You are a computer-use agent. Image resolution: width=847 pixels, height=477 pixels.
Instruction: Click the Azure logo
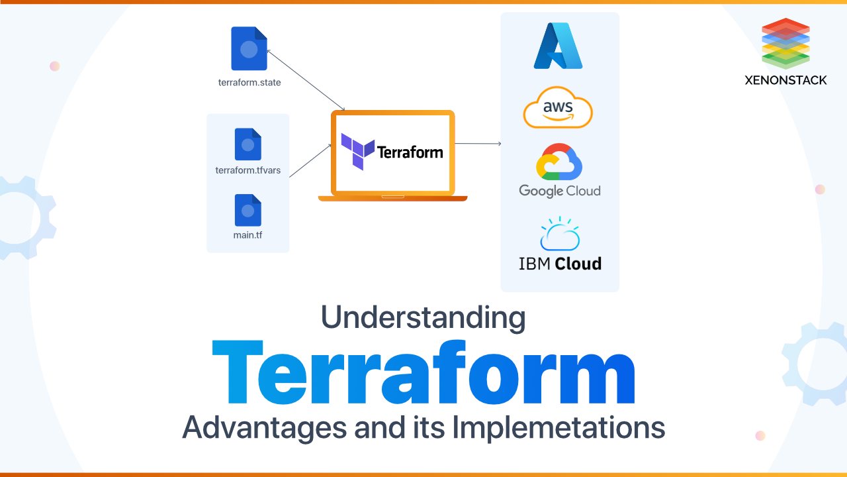558,46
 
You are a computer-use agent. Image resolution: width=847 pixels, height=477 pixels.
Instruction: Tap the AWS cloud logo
558,107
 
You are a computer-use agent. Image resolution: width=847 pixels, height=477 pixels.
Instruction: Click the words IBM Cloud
560,264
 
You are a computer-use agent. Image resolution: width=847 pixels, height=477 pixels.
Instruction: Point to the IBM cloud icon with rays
560,234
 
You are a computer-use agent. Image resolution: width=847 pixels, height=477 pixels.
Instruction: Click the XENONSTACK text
785,80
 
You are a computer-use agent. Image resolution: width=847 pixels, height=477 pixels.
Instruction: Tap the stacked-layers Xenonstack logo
785,44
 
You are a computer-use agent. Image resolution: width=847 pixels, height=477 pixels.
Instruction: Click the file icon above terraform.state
249,48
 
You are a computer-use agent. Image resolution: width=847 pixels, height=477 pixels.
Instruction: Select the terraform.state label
249,83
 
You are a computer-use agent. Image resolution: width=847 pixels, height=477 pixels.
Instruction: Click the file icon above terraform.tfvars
248,144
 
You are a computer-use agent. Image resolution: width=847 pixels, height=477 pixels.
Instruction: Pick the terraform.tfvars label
248,170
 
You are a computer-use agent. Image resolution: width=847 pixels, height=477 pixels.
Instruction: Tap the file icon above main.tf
248,210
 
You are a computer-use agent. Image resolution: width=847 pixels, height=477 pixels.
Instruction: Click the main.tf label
248,235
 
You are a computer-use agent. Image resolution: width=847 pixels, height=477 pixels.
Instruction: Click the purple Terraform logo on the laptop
357,151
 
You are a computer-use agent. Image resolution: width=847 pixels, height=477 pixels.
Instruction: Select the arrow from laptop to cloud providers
478,143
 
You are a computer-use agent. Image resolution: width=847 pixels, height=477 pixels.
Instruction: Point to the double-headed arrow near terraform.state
306,78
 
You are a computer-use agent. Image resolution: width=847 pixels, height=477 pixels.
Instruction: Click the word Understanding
423,317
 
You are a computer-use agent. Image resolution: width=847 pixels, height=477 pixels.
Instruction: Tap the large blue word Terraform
423,374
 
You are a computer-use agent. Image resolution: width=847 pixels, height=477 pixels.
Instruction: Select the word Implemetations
558,427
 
